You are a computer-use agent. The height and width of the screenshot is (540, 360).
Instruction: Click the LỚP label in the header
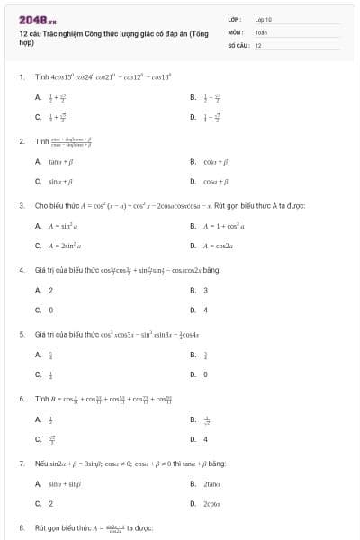[234, 19]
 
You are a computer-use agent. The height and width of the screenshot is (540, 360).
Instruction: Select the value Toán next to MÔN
[262, 31]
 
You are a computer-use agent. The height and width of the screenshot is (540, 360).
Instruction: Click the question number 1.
[21, 78]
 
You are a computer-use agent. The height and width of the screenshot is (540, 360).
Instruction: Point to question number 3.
[21, 205]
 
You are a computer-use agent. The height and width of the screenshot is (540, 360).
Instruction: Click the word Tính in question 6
[40, 398]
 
